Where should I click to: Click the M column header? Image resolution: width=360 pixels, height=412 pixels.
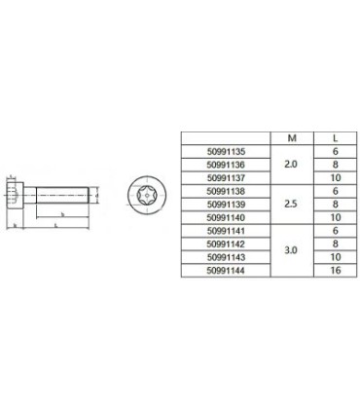[x=290, y=138]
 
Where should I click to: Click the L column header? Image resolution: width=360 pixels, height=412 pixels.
[x=335, y=138]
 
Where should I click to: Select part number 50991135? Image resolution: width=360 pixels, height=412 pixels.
[x=228, y=152]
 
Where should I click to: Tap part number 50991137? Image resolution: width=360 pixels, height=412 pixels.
[x=228, y=178]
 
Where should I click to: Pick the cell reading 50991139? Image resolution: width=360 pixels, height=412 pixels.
[x=228, y=205]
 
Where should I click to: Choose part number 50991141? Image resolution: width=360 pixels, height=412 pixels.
[x=228, y=231]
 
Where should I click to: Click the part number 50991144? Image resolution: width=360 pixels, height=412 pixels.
[x=228, y=270]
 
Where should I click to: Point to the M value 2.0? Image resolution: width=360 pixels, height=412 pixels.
[x=290, y=165]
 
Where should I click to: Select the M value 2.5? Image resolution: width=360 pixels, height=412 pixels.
[x=290, y=205]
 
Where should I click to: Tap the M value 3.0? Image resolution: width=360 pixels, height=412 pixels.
[x=290, y=250]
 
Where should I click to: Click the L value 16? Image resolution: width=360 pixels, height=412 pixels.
[x=335, y=270]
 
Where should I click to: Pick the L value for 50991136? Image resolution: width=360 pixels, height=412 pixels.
[x=335, y=165]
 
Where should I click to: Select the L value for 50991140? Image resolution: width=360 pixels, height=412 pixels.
[x=335, y=217]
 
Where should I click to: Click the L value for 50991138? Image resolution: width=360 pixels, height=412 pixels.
[x=335, y=191]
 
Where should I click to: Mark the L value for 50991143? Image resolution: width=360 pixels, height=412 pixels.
[x=335, y=257]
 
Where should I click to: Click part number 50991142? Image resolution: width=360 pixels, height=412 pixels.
[x=228, y=243]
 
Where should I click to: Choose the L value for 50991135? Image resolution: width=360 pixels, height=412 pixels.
[x=335, y=152]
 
